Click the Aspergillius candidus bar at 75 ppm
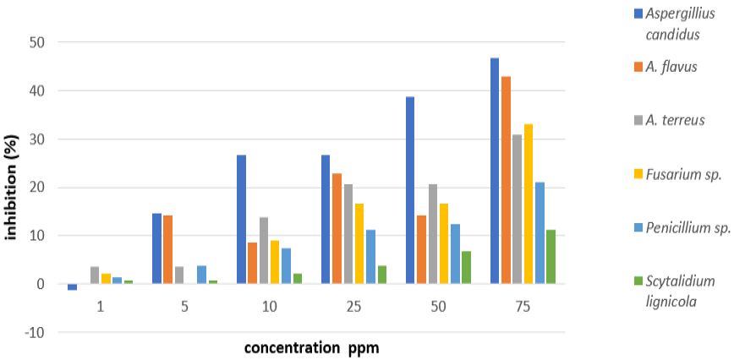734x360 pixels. tap(495, 171)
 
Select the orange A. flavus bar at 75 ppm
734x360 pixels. tap(506, 180)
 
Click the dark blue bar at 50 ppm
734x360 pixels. tap(410, 190)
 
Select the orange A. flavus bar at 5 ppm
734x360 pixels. tap(167, 249)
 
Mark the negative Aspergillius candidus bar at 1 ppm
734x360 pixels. tap(72, 287)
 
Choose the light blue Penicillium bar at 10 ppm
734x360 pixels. tap(286, 266)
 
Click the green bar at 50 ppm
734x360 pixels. tap(466, 267)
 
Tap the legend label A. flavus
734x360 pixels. tap(671, 68)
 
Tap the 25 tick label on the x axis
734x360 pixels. tap(353, 307)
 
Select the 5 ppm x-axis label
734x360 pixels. tap(185, 307)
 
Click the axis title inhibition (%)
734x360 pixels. tap(12, 187)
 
